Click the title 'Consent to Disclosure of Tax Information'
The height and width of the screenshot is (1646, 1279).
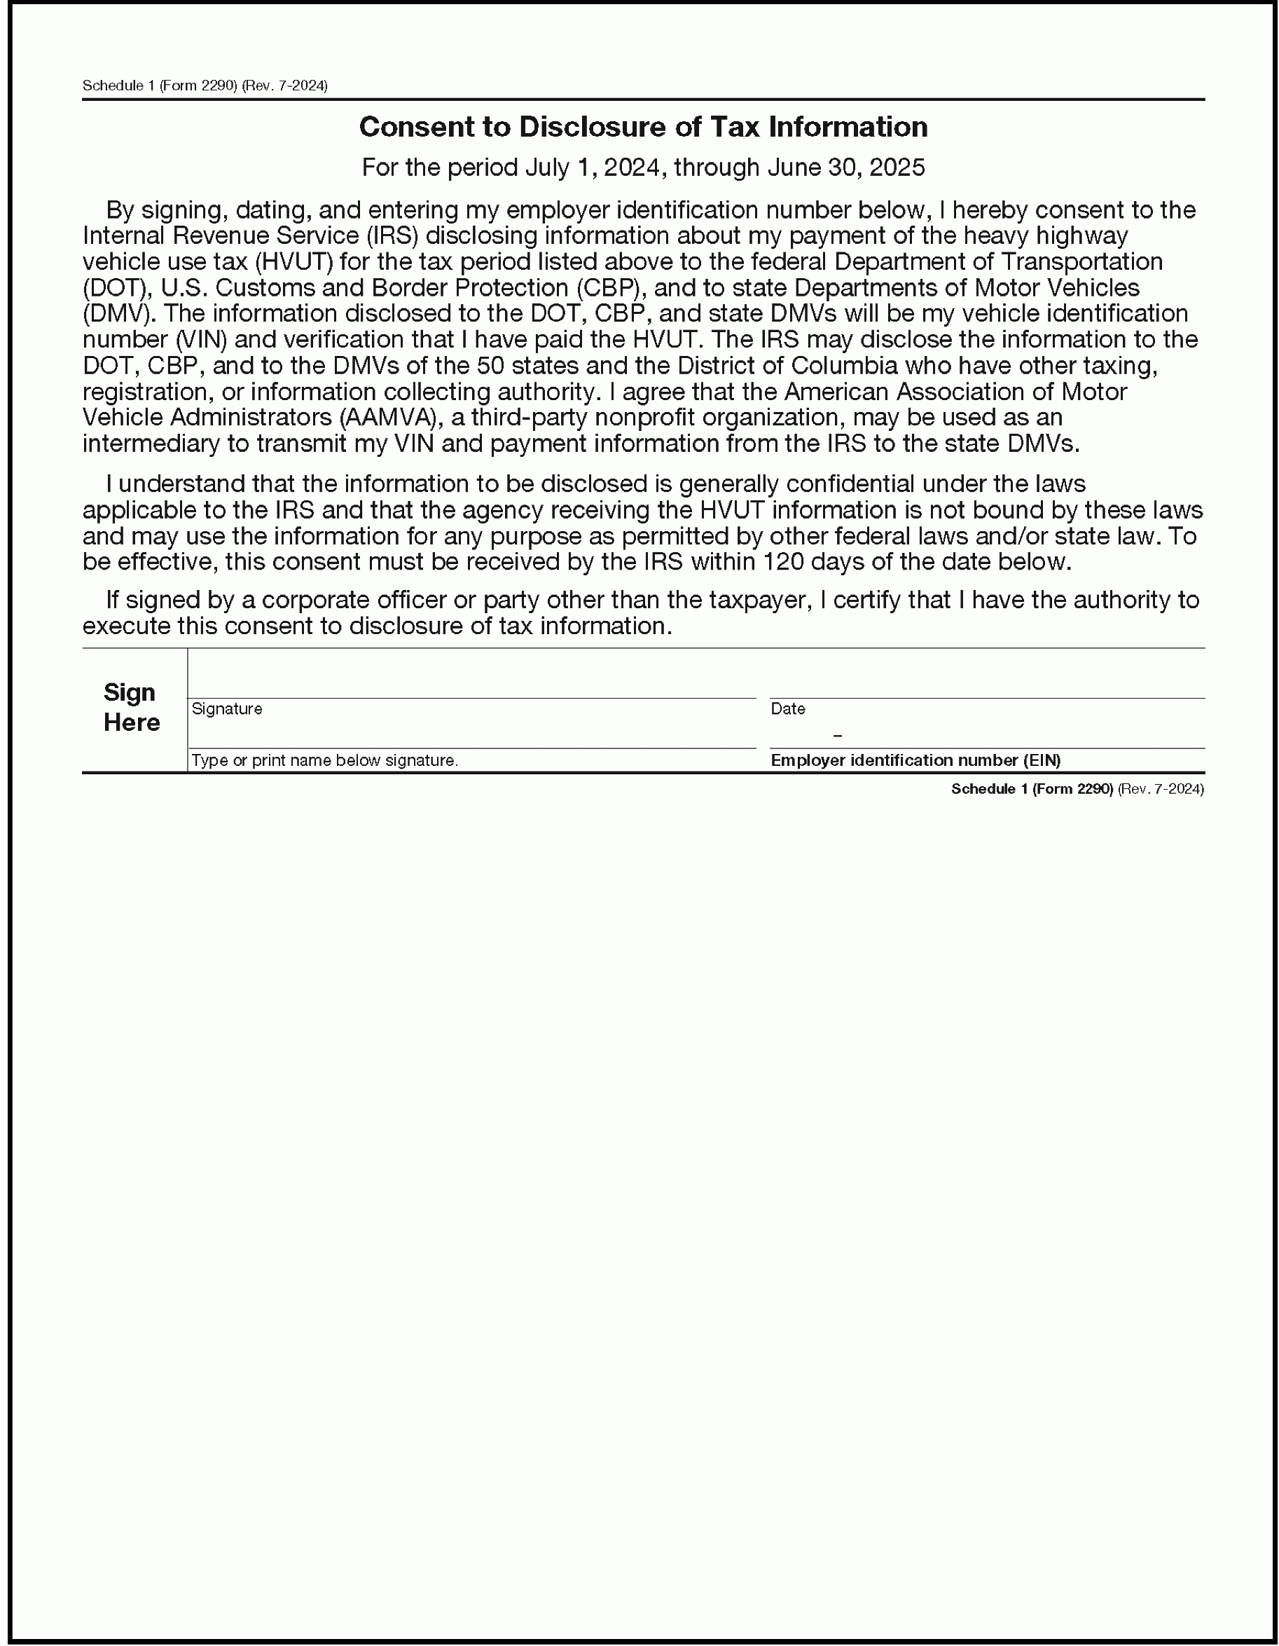pos(642,127)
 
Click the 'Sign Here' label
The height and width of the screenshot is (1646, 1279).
pos(131,707)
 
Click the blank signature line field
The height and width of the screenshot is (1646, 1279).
pos(471,675)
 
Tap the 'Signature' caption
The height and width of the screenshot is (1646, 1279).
pos(227,708)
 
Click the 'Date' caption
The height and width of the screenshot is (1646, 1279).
pos(787,708)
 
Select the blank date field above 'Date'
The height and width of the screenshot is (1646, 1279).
pos(986,675)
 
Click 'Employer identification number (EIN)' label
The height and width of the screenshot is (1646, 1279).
pos(915,760)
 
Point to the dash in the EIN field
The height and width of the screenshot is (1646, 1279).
pos(838,735)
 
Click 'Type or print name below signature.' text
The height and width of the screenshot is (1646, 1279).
pos(324,760)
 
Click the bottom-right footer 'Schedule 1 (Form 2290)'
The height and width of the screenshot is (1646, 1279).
pos(1031,788)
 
